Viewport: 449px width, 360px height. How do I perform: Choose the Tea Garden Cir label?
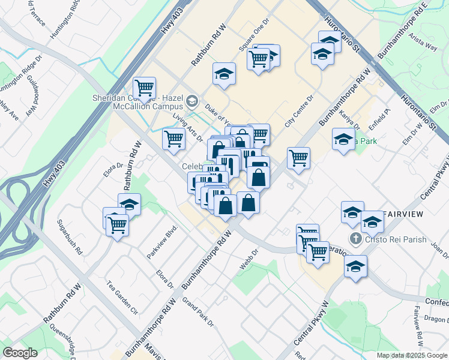coord(122,297)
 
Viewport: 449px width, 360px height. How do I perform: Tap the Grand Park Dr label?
coord(198,312)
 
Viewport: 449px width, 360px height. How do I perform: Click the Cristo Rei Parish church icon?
coord(355,239)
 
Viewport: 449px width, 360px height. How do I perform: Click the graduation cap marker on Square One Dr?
coord(224,74)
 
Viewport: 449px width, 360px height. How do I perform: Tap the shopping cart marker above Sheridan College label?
coord(144,88)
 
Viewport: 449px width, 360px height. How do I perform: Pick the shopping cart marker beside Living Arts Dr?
coord(173,138)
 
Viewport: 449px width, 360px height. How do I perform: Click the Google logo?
coord(20,353)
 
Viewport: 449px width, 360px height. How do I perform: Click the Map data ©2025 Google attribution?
coord(412,355)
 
